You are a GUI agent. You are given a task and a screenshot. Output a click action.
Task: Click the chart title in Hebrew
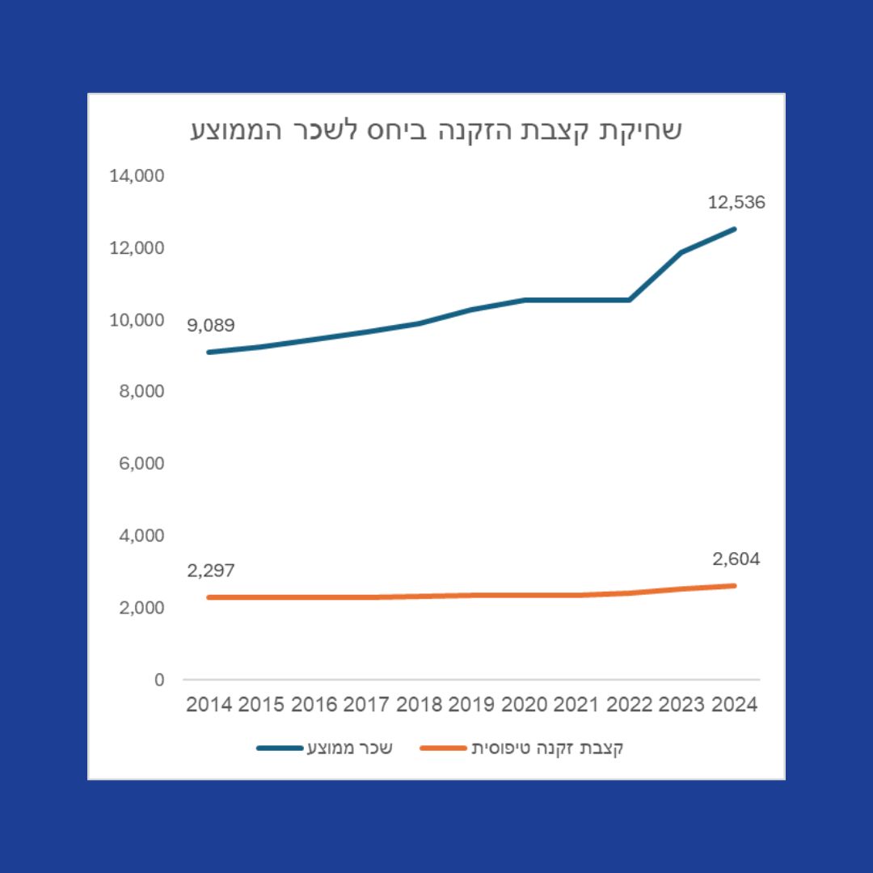pos(436,131)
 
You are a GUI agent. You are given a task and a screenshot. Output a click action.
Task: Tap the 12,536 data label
pos(736,202)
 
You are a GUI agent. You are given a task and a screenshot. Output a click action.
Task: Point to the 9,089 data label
pos(210,326)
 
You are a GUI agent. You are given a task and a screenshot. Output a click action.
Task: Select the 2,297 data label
pos(210,571)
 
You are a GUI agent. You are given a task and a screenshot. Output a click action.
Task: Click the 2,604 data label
pos(736,559)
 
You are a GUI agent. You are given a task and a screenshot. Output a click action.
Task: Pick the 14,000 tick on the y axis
pos(137,175)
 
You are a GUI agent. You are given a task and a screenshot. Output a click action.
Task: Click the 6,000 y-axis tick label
pos(141,463)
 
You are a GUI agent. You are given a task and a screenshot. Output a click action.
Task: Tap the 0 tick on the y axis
pos(159,680)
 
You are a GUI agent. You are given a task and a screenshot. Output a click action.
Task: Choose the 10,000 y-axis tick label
pos(137,319)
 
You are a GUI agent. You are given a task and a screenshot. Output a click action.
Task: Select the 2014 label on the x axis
pos(209,705)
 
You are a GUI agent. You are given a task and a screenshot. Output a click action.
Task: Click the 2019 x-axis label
pos(471,705)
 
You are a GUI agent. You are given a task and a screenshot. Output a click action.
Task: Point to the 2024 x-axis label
pos(734,705)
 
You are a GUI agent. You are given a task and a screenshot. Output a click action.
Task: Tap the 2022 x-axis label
pos(629,705)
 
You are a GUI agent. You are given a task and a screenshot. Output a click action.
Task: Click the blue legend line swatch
pos(280,749)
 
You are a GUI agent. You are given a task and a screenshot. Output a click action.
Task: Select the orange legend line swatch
pos(443,749)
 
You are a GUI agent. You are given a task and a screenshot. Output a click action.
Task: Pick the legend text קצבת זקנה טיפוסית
pos(547,749)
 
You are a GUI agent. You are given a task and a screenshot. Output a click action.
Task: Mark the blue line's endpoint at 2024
pos(734,229)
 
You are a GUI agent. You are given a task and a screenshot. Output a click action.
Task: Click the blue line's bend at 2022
pos(629,300)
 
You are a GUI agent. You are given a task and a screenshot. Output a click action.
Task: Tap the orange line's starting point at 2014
pos(209,597)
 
